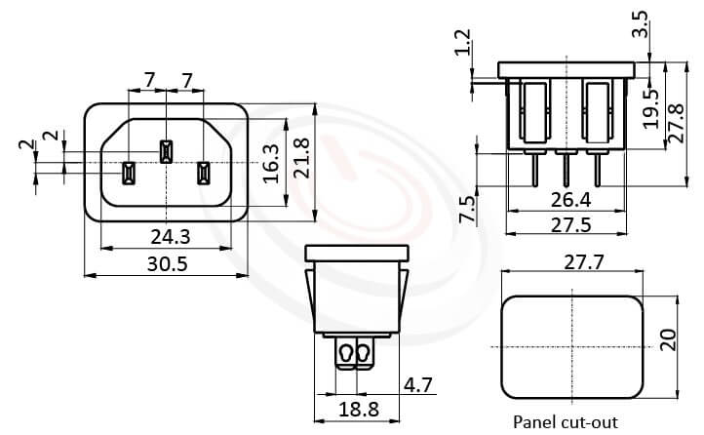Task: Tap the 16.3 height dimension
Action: coord(272,164)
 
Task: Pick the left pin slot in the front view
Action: coord(127,174)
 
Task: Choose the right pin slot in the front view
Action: coord(204,174)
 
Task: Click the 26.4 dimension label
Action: coord(572,201)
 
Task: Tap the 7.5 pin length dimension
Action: coord(467,208)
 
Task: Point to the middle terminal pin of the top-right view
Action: coord(567,172)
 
